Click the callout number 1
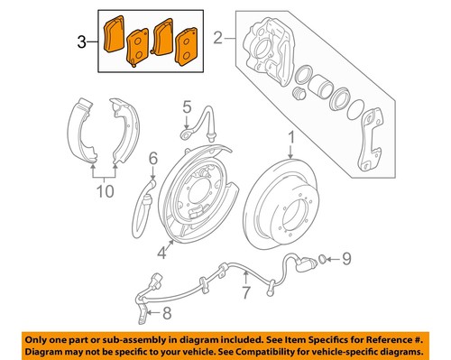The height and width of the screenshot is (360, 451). pos(290,137)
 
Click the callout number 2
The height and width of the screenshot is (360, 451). pos(216,39)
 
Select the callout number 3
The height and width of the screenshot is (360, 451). pos(82,41)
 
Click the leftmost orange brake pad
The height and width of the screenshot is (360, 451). pos(115,37)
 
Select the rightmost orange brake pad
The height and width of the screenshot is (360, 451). pos(188,47)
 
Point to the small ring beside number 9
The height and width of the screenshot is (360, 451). pos(326,262)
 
